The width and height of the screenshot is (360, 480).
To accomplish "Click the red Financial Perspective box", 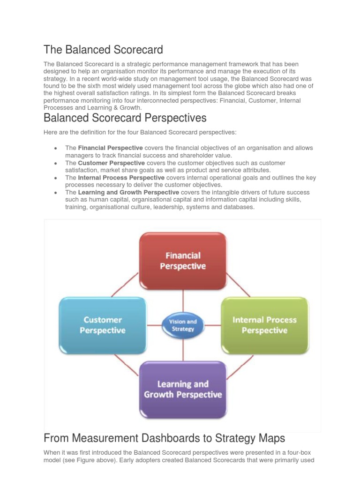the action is pyautogui.click(x=183, y=261).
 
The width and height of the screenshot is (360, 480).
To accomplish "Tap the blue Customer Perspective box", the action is pyautogui.click(x=102, y=325).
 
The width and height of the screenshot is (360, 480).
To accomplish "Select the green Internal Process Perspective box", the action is pyautogui.click(x=264, y=325).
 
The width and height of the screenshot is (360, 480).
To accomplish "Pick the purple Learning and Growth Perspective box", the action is pyautogui.click(x=183, y=389).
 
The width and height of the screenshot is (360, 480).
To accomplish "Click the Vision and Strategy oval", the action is pyautogui.click(x=183, y=325).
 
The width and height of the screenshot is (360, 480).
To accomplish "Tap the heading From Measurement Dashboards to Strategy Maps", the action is pyautogui.click(x=164, y=438).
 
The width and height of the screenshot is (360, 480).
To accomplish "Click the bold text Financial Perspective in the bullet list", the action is pyautogui.click(x=111, y=148).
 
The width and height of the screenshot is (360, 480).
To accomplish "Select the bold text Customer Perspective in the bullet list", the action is pyautogui.click(x=112, y=163).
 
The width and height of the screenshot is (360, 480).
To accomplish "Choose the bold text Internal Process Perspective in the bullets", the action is pyautogui.click(x=121, y=178).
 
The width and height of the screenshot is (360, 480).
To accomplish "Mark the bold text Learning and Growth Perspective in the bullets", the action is pyautogui.click(x=128, y=193).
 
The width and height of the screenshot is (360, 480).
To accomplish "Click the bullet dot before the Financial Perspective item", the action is pyautogui.click(x=56, y=149).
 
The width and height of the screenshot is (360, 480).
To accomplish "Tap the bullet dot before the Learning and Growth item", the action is pyautogui.click(x=56, y=193).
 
